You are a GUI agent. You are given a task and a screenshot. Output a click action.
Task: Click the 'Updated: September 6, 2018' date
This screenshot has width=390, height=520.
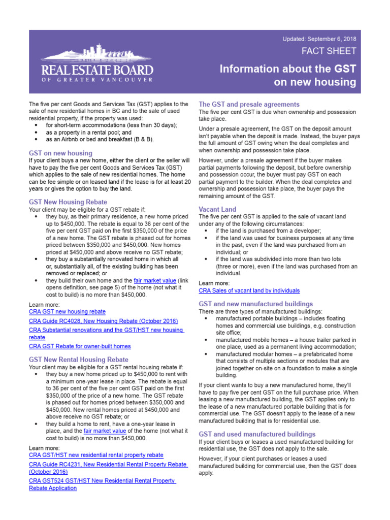tap(319, 39)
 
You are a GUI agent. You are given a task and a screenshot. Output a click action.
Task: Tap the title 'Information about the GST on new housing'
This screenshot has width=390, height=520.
tap(288, 75)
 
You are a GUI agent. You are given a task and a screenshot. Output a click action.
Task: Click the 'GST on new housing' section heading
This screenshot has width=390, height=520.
tap(61, 153)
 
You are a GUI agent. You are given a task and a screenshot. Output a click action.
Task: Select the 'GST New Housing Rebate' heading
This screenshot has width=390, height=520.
tap(68, 202)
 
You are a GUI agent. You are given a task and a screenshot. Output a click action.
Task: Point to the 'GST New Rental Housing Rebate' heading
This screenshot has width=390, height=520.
tap(79, 360)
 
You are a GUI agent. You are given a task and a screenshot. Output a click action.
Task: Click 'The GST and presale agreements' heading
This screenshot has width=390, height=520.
tap(249, 104)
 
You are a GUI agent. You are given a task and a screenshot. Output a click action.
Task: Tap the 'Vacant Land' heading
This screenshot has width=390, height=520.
tap(217, 209)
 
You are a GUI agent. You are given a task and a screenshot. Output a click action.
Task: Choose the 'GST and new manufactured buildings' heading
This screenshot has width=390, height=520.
tap(255, 304)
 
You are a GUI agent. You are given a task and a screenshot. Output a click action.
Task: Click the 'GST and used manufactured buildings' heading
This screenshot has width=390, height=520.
tap(257, 434)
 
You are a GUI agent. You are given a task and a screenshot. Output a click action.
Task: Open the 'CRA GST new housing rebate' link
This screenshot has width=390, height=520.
tap(68, 312)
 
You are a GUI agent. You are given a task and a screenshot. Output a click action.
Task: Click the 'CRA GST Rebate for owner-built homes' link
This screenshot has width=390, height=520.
tap(80, 346)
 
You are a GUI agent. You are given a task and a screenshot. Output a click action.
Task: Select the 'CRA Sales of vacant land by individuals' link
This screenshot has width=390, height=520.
tap(249, 291)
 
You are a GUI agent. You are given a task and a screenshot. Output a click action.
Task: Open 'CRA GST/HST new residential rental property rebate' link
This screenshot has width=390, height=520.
tap(96, 456)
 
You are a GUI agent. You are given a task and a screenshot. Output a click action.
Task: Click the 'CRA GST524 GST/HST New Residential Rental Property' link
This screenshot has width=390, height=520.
tap(102, 480)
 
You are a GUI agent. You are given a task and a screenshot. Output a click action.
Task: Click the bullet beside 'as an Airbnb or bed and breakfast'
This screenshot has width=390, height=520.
tap(35, 139)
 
